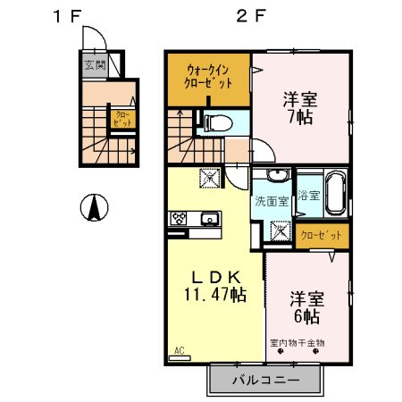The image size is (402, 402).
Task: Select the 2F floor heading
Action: click(248, 15)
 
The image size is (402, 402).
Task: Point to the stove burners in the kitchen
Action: click(179, 218)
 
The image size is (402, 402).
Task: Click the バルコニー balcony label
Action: click(264, 381)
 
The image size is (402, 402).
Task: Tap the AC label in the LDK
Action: click(179, 352)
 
